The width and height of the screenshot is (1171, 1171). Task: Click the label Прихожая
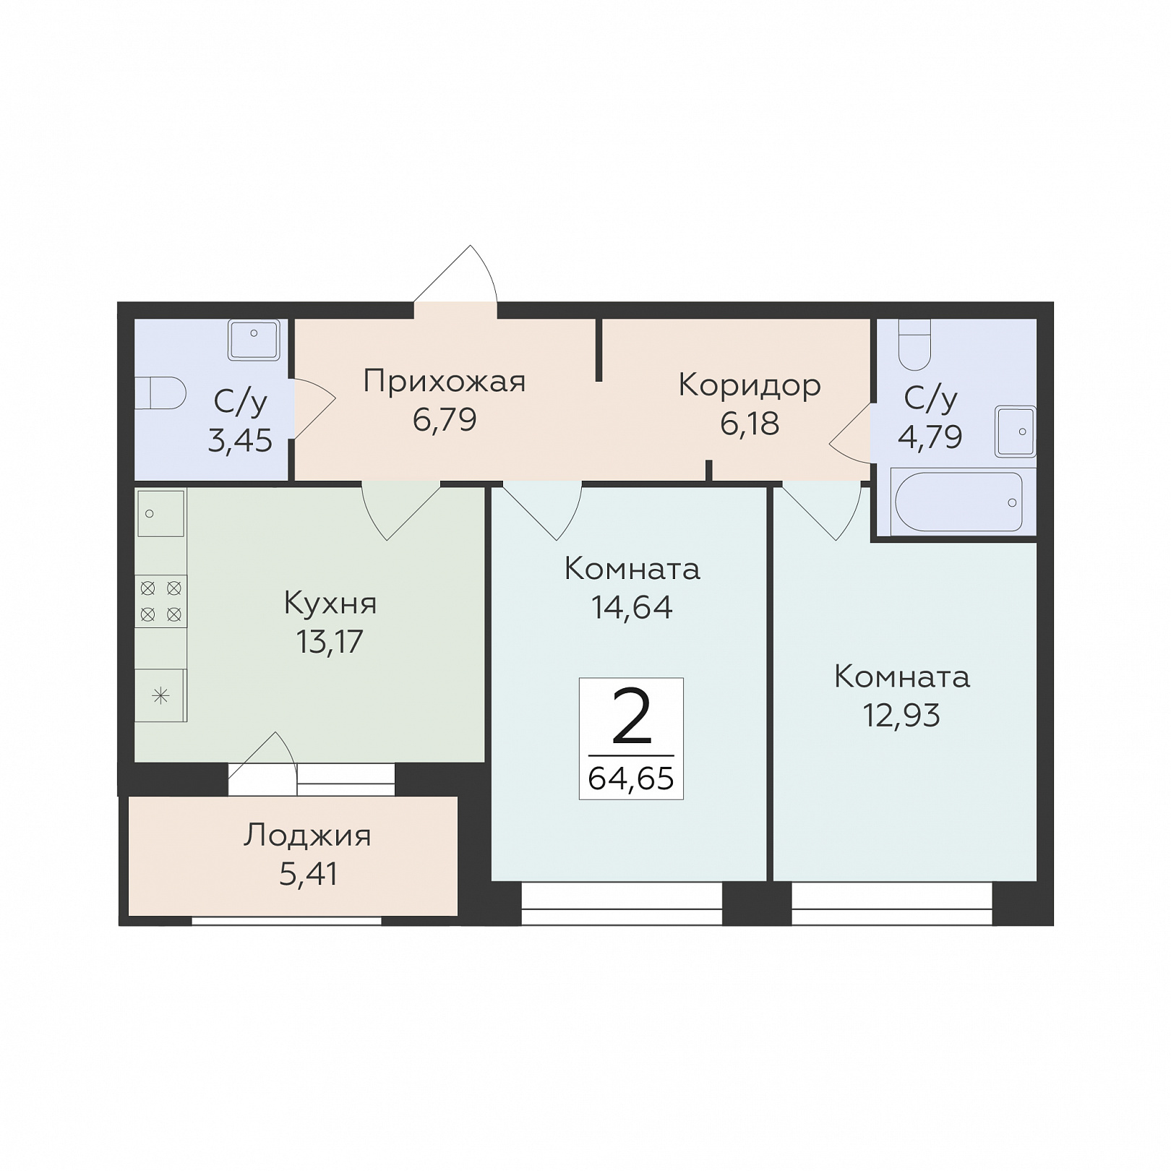(x=444, y=382)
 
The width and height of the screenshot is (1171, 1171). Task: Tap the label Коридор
(x=750, y=386)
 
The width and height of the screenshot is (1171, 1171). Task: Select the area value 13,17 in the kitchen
(x=330, y=641)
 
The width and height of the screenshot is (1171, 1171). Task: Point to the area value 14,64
(x=632, y=607)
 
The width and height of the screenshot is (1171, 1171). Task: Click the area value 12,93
(x=901, y=715)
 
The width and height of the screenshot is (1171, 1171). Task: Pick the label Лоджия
(x=307, y=836)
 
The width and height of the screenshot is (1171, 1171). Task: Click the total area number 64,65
(x=631, y=778)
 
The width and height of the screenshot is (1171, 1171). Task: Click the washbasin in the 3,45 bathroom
(x=254, y=340)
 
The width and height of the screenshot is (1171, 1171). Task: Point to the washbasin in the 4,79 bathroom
(x=1015, y=432)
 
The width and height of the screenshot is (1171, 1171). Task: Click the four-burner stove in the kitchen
(x=161, y=601)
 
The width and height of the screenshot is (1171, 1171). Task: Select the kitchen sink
(x=160, y=513)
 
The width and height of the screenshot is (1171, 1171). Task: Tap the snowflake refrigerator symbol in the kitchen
(x=161, y=695)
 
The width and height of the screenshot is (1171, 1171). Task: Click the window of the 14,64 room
(x=622, y=904)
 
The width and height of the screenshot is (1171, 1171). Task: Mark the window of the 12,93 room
(x=892, y=904)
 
